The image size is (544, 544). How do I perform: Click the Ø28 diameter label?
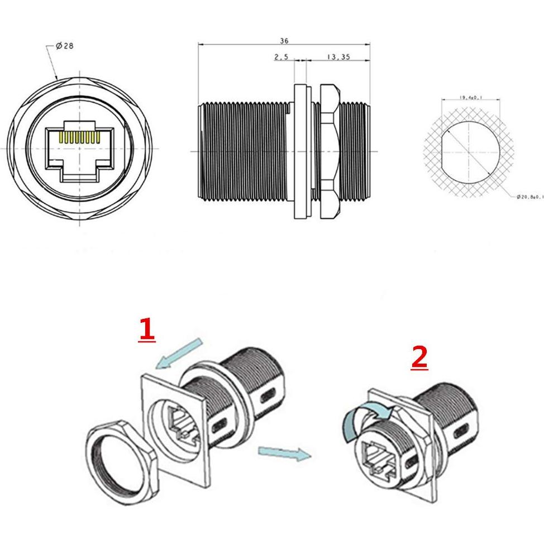(64, 46)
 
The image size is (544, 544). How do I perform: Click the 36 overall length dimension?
(284, 41)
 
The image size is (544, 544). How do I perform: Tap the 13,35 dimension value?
(338, 57)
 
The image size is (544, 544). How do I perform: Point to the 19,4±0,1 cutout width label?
(471, 98)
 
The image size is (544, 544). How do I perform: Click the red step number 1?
(146, 330)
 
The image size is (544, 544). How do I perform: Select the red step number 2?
(419, 357)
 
